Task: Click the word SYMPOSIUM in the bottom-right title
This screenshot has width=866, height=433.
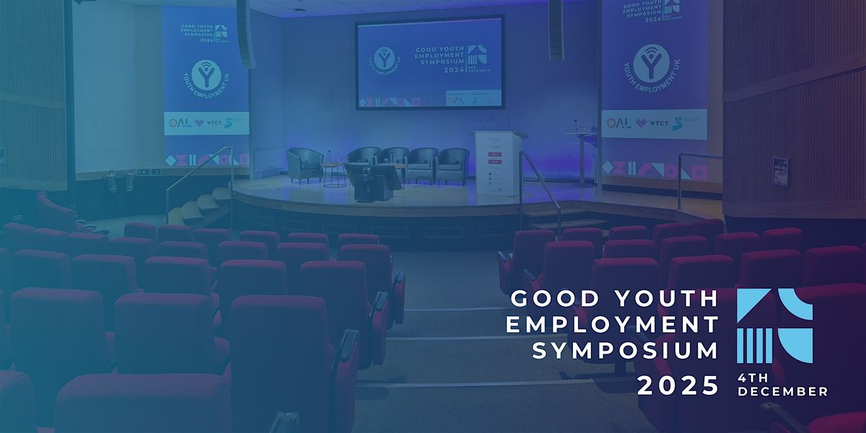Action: click(x=625, y=351)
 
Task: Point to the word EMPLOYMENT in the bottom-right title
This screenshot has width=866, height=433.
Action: click(x=612, y=324)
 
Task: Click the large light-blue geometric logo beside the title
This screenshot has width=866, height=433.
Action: click(x=774, y=324)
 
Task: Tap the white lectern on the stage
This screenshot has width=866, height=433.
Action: click(x=497, y=162)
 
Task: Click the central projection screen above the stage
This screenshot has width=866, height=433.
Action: click(x=429, y=64)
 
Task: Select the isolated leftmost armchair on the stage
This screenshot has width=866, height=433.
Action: click(x=305, y=165)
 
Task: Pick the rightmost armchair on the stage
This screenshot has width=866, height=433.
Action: click(x=452, y=165)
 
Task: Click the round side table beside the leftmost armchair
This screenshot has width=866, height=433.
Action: click(x=333, y=173)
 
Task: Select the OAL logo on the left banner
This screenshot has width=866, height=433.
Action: click(x=178, y=123)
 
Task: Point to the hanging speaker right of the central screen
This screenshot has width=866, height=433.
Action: click(x=555, y=29)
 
